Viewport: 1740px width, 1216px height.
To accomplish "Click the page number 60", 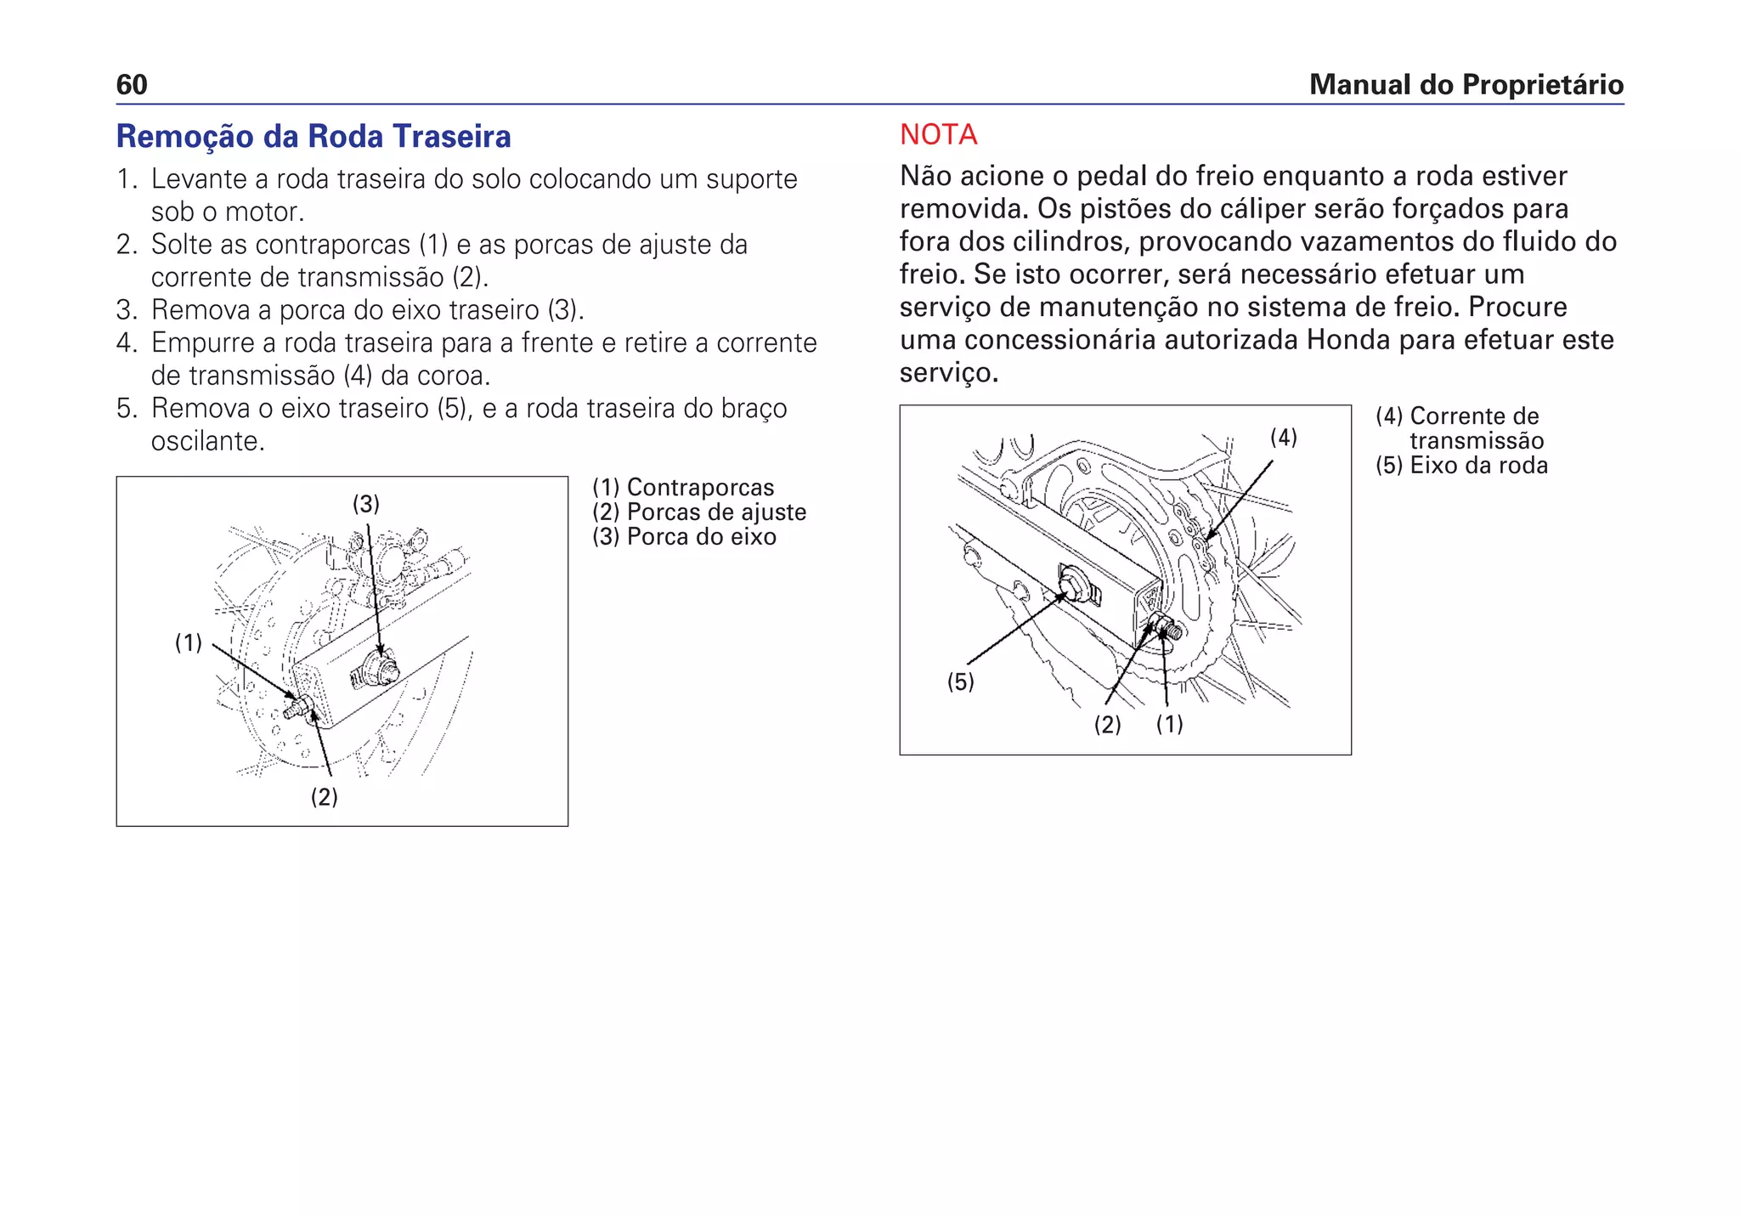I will [132, 85].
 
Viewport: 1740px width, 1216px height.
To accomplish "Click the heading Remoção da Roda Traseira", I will [314, 137].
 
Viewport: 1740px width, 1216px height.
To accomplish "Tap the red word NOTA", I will [938, 134].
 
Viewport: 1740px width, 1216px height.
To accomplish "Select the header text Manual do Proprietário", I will [1466, 85].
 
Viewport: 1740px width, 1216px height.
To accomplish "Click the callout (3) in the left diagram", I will [366, 504].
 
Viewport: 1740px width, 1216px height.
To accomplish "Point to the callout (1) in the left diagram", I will [189, 642].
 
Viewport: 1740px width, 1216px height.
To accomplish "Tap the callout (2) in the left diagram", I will [324, 797].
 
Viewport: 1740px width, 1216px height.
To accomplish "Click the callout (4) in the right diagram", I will [1283, 438].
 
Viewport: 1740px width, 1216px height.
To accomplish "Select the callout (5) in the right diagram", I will [960, 682].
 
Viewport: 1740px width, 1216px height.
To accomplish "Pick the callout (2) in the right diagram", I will [1107, 725].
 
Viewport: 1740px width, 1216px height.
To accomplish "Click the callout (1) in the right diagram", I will [1169, 724].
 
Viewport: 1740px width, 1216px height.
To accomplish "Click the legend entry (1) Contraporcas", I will [683, 488].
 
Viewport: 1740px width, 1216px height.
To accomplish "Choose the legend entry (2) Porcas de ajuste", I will [699, 512].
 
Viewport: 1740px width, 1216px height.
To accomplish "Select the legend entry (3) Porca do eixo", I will [684, 537].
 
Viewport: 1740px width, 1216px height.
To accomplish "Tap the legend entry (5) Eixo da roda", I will [1461, 466].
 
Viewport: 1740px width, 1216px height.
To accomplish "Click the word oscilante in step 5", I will [207, 441].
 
